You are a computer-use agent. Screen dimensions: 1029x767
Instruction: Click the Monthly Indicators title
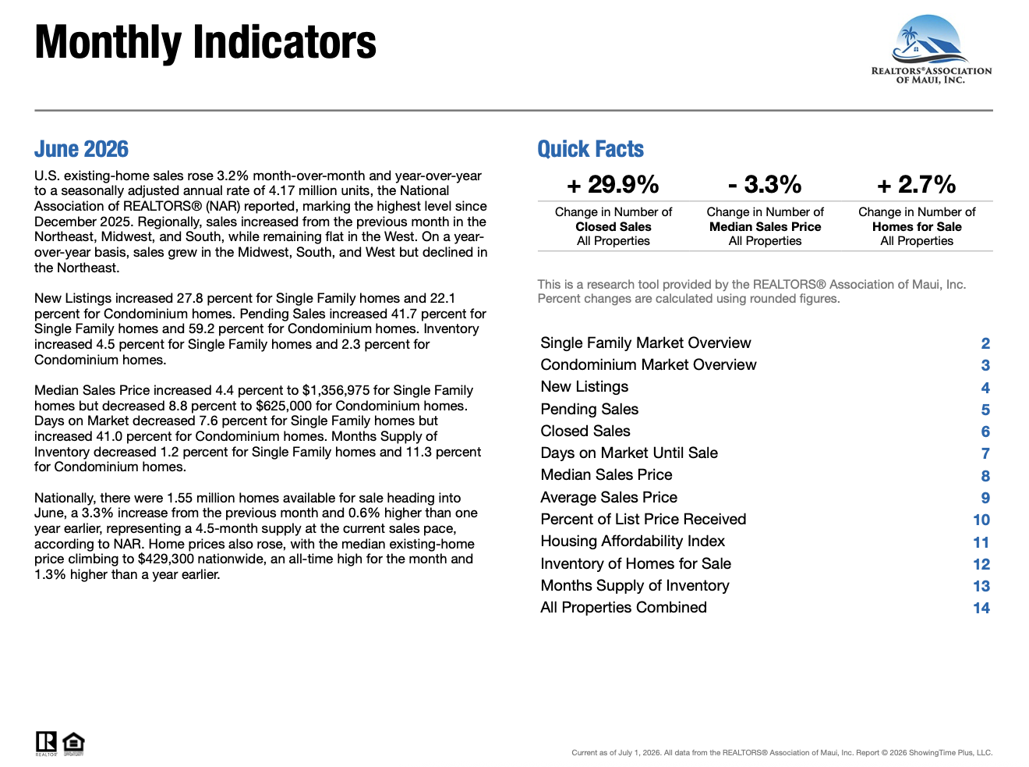(206, 43)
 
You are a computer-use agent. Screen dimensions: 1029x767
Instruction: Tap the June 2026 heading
(81, 149)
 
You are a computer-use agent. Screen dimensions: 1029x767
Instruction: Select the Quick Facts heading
(591, 149)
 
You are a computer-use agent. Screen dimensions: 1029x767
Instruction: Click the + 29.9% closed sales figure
(613, 184)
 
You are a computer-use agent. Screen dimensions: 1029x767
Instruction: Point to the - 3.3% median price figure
(765, 184)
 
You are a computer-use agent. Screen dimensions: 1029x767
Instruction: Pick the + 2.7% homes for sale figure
(916, 184)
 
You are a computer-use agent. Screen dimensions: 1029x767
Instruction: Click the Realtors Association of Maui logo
(931, 49)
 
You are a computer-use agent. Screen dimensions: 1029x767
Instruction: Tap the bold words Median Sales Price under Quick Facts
(765, 227)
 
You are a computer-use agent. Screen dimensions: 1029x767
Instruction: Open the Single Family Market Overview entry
(645, 343)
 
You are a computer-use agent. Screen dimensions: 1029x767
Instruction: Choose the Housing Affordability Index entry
(632, 542)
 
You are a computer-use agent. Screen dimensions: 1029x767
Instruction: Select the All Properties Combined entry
(624, 607)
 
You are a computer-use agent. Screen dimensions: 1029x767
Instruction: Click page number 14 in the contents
(981, 608)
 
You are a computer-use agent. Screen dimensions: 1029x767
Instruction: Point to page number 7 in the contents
(985, 453)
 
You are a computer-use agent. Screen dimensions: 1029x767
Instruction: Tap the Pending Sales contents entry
(589, 409)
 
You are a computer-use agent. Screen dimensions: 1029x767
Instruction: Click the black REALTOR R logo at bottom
(46, 744)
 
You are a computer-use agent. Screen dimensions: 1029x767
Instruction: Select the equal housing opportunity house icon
(73, 744)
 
